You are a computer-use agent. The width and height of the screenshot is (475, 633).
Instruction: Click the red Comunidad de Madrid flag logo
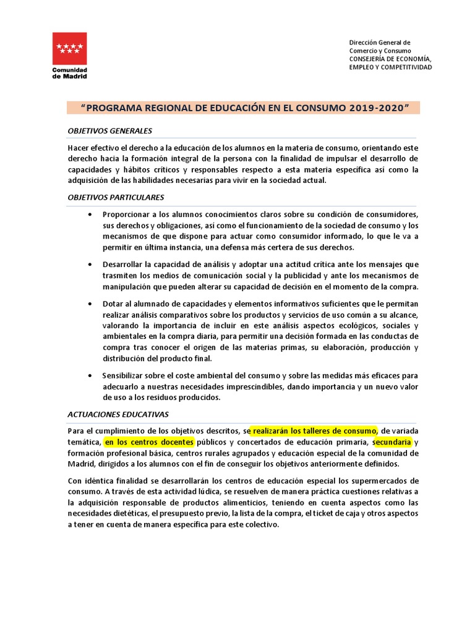(69, 48)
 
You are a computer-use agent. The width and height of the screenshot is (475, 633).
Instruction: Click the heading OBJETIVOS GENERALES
(109, 130)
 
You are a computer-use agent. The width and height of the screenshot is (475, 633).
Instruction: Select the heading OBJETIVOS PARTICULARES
(116, 197)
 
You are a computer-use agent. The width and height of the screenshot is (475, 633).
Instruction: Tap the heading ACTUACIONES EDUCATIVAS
(118, 414)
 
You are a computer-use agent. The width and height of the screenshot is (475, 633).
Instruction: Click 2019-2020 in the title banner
(380, 108)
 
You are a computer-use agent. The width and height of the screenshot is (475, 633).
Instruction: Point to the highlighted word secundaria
(392, 442)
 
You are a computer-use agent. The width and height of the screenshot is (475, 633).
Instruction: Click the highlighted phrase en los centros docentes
(149, 442)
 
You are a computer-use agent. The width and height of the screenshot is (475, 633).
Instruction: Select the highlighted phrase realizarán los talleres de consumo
(315, 430)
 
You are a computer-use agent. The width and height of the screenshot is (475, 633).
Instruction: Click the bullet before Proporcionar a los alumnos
(90, 214)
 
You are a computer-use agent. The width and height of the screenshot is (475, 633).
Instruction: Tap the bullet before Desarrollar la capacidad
(90, 264)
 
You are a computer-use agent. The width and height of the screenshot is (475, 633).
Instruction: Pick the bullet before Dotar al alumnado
(90, 304)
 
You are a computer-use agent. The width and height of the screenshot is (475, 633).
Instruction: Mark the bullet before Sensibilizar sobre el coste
(90, 375)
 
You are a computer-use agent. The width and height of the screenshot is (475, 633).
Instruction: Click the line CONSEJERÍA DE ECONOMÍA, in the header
(390, 59)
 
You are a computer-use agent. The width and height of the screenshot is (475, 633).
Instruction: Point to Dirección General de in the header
(380, 42)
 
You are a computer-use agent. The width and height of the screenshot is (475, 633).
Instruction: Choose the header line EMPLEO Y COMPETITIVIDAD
(390, 67)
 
